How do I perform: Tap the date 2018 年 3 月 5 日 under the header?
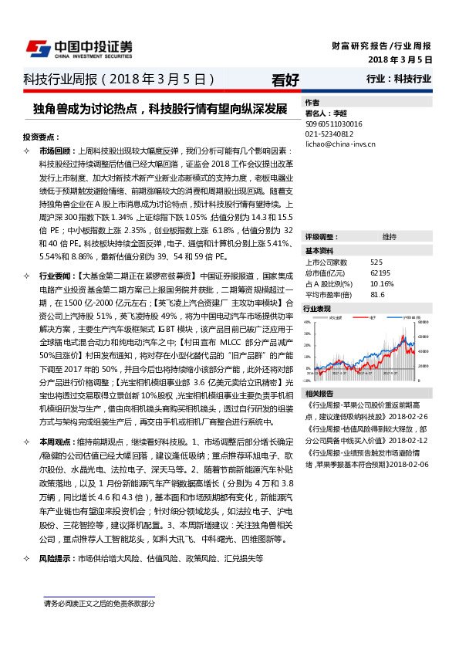click(x=400, y=59)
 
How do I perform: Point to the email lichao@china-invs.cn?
click(x=339, y=144)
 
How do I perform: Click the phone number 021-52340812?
click(x=329, y=133)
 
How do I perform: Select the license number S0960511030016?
click(x=334, y=123)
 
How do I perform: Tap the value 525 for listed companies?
click(x=376, y=262)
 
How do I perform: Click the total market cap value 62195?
click(x=380, y=273)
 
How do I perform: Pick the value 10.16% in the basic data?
click(x=382, y=283)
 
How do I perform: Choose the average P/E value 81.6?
click(x=377, y=294)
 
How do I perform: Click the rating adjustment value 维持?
click(x=390, y=236)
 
